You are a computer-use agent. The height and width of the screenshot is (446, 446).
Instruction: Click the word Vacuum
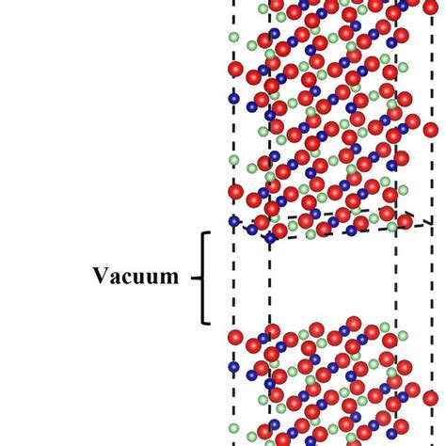[x=135, y=276]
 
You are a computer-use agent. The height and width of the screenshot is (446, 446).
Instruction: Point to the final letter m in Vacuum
[x=169, y=279]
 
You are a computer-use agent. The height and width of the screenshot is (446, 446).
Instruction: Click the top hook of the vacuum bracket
[x=206, y=232]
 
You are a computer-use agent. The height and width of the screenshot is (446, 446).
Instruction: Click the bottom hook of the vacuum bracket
[x=206, y=323]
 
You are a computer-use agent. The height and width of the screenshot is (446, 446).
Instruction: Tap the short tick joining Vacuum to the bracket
[x=196, y=278]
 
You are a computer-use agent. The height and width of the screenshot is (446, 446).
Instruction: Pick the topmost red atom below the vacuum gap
[x=354, y=324]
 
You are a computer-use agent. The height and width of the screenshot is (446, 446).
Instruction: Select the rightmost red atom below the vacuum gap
[x=430, y=398]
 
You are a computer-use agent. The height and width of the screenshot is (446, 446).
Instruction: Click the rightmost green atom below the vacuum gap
[x=403, y=336]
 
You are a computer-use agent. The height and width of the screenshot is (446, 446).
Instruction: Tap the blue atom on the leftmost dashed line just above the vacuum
[x=234, y=221]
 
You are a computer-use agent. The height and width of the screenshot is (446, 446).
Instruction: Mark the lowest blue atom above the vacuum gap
[x=270, y=239]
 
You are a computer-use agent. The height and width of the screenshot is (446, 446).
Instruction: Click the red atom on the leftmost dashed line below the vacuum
[x=235, y=338]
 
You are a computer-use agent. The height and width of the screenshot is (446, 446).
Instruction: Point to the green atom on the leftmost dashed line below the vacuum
[x=233, y=428]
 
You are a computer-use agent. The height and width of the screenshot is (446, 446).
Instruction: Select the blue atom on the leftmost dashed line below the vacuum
[x=233, y=367]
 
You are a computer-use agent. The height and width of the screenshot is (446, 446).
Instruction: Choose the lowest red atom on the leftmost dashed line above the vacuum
[x=235, y=192]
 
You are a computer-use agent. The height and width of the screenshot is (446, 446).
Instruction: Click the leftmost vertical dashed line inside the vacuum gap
[x=233, y=278]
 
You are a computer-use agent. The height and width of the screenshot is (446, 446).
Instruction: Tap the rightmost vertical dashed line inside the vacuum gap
[x=432, y=278]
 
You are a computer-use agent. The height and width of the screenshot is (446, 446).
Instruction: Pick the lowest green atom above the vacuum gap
[x=311, y=234]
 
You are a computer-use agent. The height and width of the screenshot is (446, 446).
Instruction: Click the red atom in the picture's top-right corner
[x=430, y=7]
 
